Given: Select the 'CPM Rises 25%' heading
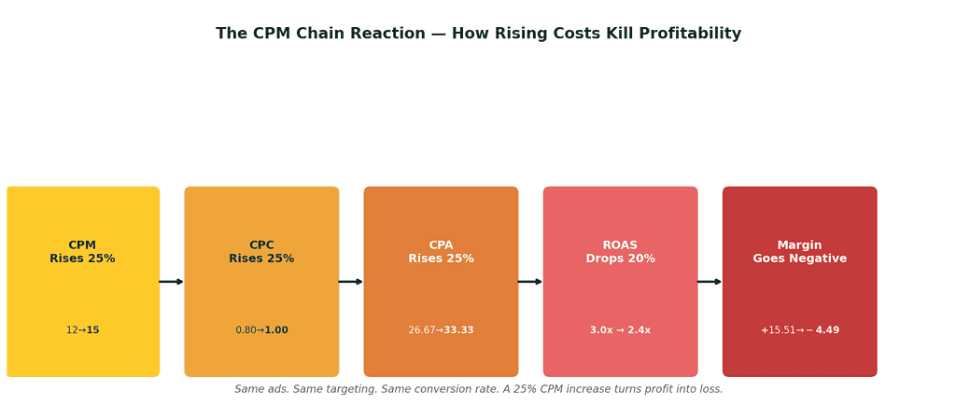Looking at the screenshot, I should point(82,252).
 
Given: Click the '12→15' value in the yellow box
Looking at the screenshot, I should point(82,330).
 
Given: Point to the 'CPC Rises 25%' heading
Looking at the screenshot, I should point(261,252).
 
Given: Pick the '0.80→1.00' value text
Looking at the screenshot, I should point(261,330).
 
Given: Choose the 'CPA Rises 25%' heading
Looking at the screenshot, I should point(441,252).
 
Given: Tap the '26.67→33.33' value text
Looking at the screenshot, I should point(441,330).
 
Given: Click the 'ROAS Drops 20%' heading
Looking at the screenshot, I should point(620,252).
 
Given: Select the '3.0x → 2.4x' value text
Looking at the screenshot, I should point(620,330).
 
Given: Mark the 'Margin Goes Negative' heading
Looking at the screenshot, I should point(799,252).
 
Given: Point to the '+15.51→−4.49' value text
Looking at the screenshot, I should point(799,330).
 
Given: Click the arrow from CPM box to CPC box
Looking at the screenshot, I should point(172,282).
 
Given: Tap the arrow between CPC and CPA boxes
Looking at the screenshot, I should point(351,282).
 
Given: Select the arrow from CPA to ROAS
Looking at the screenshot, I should point(530,282).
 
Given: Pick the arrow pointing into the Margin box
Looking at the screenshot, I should point(710,282).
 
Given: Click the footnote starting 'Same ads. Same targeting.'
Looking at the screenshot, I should point(478,389).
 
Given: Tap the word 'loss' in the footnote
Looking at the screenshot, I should point(710,389).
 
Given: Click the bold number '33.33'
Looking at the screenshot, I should point(458,330).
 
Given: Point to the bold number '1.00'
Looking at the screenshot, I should point(276,330).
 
